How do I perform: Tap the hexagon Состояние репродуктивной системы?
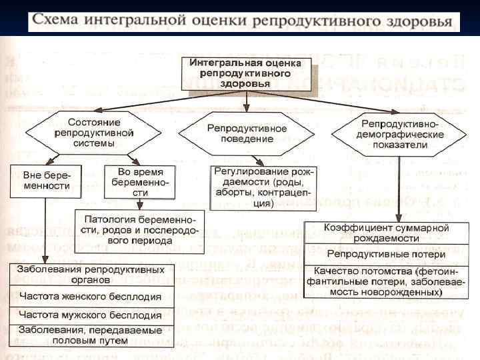click(x=94, y=133)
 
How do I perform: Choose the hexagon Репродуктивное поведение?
click(x=247, y=133)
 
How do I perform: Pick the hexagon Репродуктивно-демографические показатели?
click(x=399, y=134)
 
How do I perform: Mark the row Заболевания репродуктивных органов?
click(x=91, y=275)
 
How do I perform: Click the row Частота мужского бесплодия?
click(x=91, y=315)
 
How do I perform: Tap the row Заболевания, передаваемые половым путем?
click(x=91, y=335)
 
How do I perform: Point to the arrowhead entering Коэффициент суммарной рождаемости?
click(x=398, y=217)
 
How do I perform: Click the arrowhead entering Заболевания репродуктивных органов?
click(x=45, y=260)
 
